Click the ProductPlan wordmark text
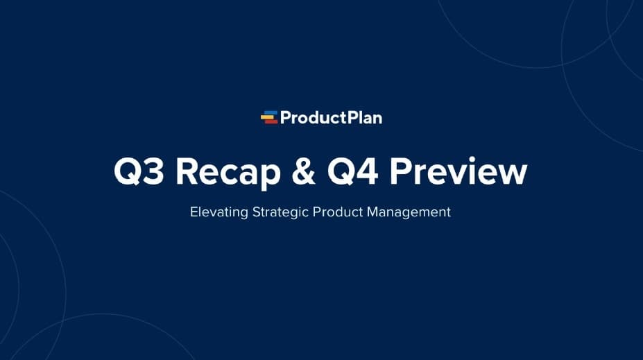pyautogui.click(x=331, y=118)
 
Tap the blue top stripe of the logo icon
pyautogui.click(x=271, y=113)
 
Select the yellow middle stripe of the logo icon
pyautogui.click(x=268, y=117)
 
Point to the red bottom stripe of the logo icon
pyautogui.click(x=271, y=121)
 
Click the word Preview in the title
pyautogui.click(x=458, y=172)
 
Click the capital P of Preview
pyautogui.click(x=401, y=172)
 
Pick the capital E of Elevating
pyautogui.click(x=194, y=212)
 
